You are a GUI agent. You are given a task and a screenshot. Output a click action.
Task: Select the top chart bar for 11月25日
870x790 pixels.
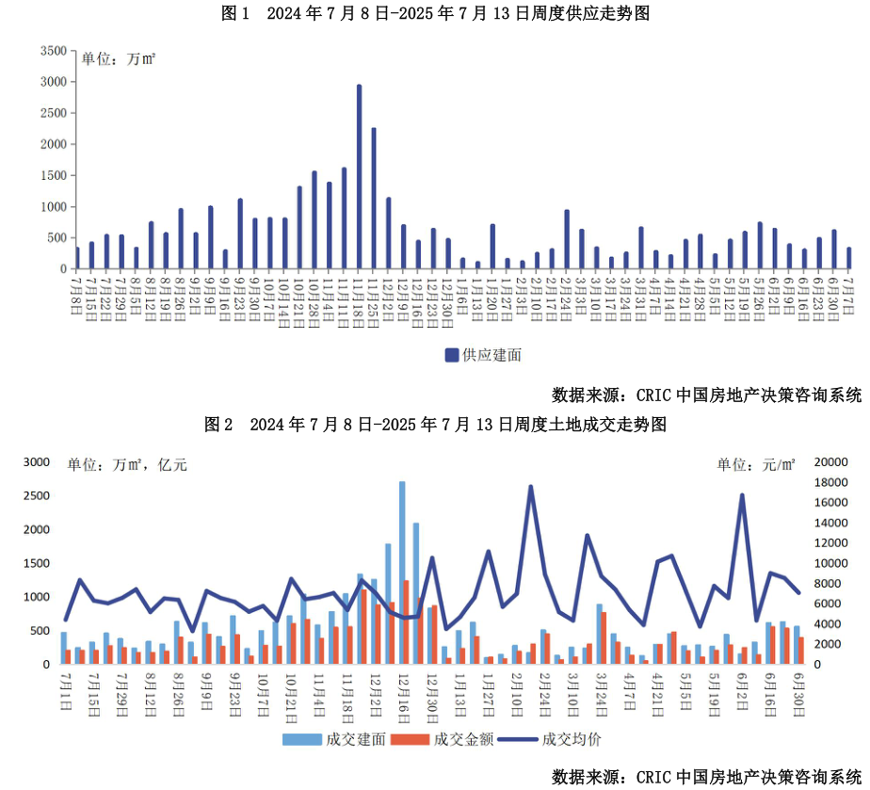(x=374, y=199)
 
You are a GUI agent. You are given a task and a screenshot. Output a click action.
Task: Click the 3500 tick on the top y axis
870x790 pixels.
(x=55, y=51)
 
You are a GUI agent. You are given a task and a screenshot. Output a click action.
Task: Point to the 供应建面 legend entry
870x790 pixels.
(x=483, y=355)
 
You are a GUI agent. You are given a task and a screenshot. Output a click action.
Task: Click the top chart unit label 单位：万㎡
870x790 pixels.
(x=119, y=59)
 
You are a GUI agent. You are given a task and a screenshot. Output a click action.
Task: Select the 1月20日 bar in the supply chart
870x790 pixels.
(x=492, y=247)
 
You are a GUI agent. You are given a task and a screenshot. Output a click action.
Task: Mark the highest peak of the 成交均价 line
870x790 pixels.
(x=531, y=487)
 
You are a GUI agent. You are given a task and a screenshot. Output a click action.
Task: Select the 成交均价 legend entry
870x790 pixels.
(x=561, y=739)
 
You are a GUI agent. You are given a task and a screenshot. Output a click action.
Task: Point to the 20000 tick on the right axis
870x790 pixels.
(x=830, y=462)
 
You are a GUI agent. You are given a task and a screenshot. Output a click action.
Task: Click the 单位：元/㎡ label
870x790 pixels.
(x=756, y=464)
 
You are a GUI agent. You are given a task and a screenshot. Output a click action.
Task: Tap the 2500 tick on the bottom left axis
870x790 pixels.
(x=37, y=496)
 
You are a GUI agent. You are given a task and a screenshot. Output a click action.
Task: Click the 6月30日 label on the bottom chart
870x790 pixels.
(x=797, y=692)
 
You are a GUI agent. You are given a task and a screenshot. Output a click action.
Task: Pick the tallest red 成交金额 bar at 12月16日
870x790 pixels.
(x=407, y=622)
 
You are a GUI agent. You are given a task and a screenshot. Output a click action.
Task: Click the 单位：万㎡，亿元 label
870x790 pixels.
(x=127, y=464)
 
